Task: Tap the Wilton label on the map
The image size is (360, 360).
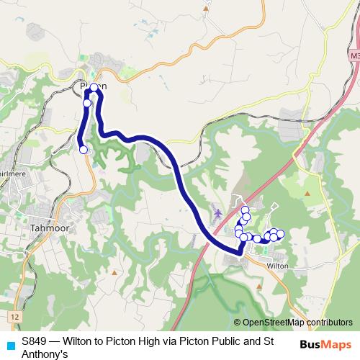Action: click(x=277, y=266)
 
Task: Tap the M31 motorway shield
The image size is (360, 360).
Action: click(x=354, y=55)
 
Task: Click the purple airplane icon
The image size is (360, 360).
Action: click(x=218, y=214)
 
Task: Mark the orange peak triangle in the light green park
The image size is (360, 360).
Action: click(x=307, y=194)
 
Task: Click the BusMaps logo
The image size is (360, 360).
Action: click(x=326, y=345)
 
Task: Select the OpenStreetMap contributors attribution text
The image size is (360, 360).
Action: click(x=297, y=323)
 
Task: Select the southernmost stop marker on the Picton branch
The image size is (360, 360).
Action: click(x=83, y=150)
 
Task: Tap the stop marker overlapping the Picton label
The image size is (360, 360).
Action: click(x=94, y=87)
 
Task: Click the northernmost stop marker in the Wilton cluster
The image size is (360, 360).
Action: click(x=244, y=210)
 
